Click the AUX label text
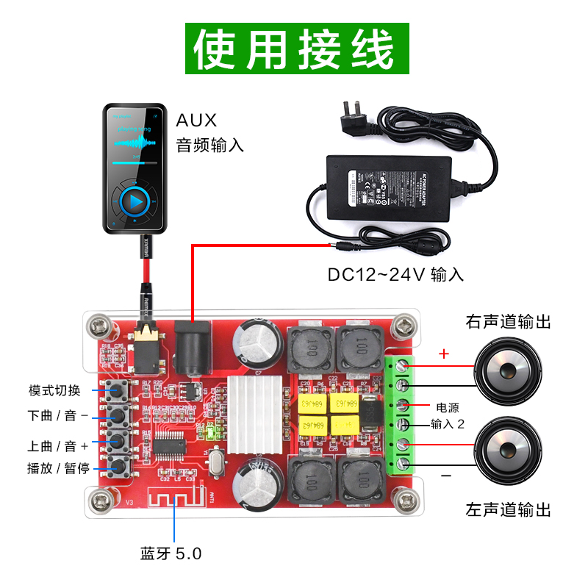point(196,120)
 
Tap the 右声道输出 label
point(508,322)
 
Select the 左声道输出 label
point(508,509)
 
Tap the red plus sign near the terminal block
point(443,354)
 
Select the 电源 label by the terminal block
point(447,407)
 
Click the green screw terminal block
point(401,414)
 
